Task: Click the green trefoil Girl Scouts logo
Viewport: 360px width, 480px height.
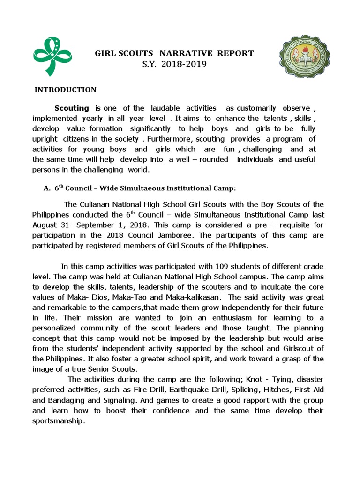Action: click(x=53, y=57)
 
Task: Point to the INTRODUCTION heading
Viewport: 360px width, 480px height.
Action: click(x=66, y=90)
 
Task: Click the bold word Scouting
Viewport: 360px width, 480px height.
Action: click(x=72, y=108)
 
